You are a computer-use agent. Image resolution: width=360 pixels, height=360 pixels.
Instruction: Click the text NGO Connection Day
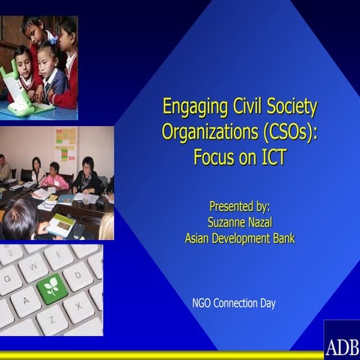[x=233, y=304]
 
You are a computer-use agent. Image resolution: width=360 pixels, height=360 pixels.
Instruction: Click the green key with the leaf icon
[x=52, y=287]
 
